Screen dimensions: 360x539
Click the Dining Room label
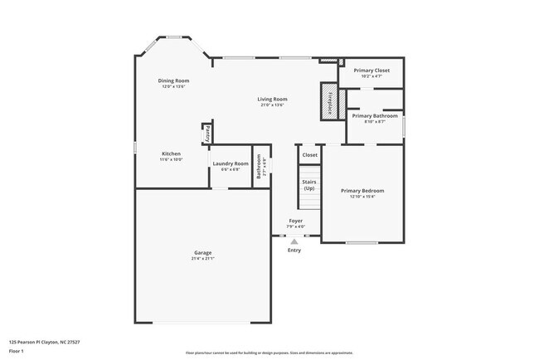174,80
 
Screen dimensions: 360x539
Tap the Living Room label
272,100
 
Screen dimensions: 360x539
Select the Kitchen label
171,153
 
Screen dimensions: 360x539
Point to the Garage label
203,252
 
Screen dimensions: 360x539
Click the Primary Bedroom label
362,191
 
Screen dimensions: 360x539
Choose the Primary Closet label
370,71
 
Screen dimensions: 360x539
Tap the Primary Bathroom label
375,116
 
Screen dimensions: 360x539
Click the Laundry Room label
231,163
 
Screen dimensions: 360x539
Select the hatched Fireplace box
329,102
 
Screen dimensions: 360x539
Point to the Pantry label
206,134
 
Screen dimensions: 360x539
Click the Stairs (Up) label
308,185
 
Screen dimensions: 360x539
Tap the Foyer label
295,221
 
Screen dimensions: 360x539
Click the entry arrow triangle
294,241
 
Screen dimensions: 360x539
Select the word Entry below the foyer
294,250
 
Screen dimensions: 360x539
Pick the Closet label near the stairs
309,155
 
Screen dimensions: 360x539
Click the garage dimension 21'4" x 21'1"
203,258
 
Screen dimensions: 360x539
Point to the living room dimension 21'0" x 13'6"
272,105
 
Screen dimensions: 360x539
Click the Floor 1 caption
17,352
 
